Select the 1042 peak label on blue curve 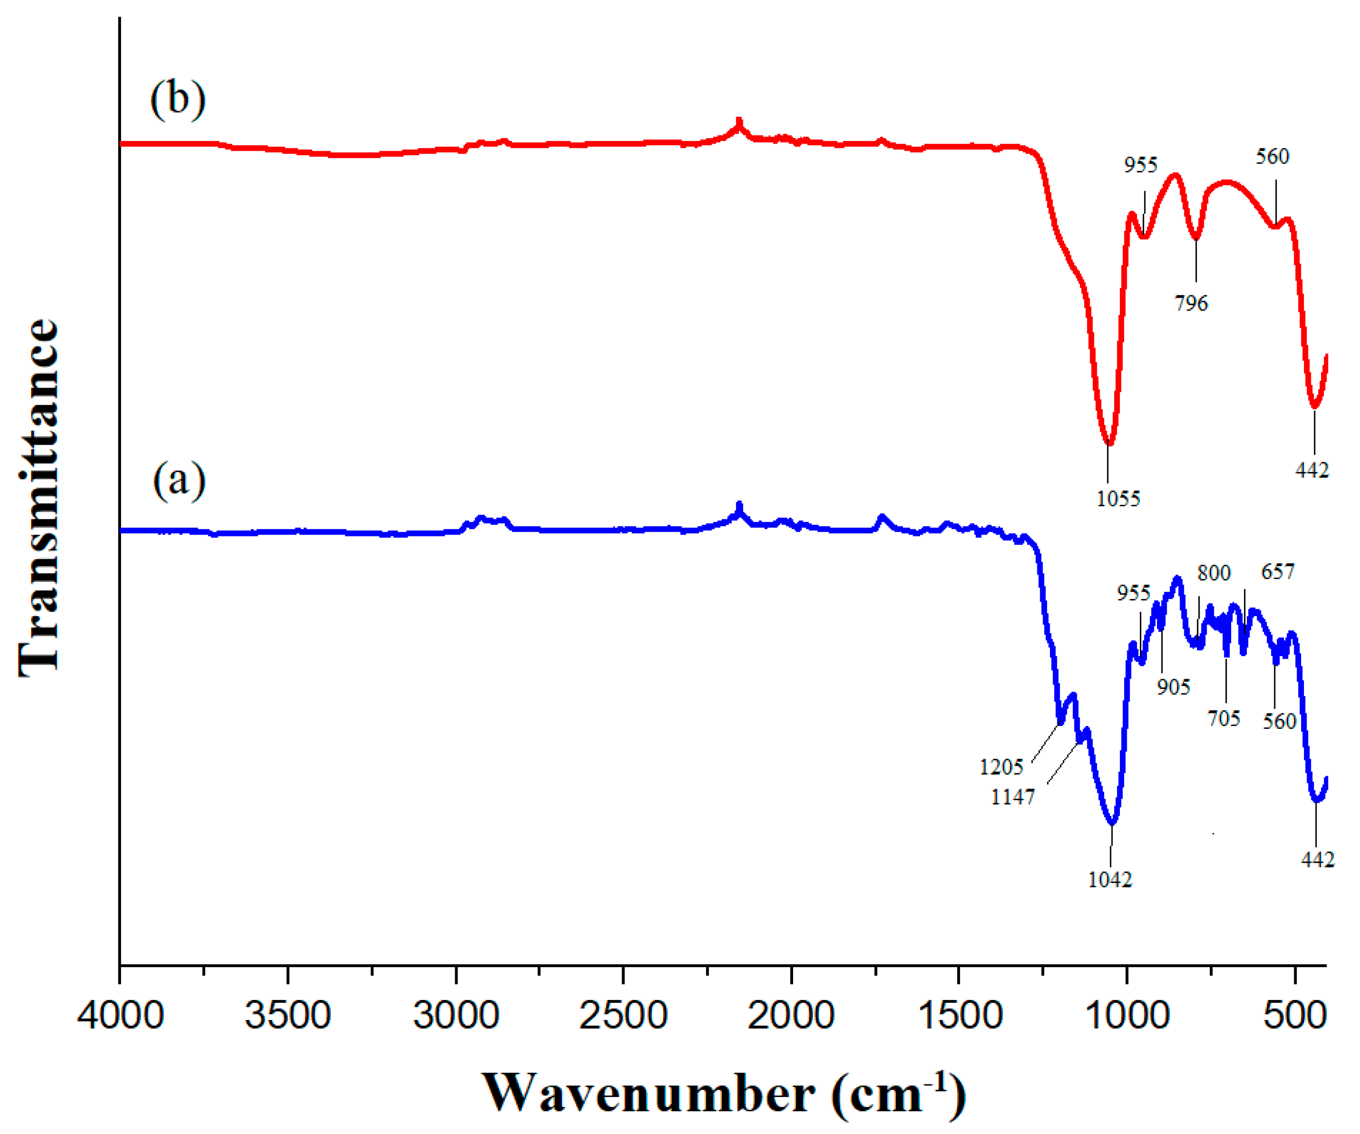[1110, 879]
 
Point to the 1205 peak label [1001, 767]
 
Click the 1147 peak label [1013, 796]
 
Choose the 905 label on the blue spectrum [1174, 687]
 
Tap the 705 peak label [1223, 718]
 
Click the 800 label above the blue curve [1214, 573]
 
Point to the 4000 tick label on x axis [121, 1015]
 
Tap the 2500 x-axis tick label [623, 1015]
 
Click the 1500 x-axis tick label [960, 1015]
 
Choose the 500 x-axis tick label [1295, 1015]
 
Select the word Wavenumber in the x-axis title [648, 1093]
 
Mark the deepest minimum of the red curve [1109, 444]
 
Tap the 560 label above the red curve [1272, 156]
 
